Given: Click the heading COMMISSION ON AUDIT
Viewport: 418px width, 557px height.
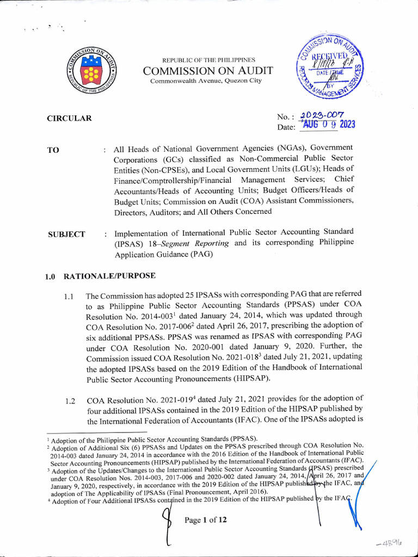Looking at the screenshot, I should tap(208, 71).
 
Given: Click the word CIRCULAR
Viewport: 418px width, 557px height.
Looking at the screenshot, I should tap(69, 119).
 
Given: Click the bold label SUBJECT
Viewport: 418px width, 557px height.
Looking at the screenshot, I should tap(66, 234).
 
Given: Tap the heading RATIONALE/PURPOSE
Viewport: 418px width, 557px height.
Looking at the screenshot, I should tap(109, 276).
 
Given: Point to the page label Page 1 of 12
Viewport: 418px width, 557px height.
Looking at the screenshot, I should tap(206, 519).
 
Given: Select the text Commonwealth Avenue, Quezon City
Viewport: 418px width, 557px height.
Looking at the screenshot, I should tap(206, 81).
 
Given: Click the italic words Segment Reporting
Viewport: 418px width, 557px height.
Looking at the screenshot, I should tap(206, 244).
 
